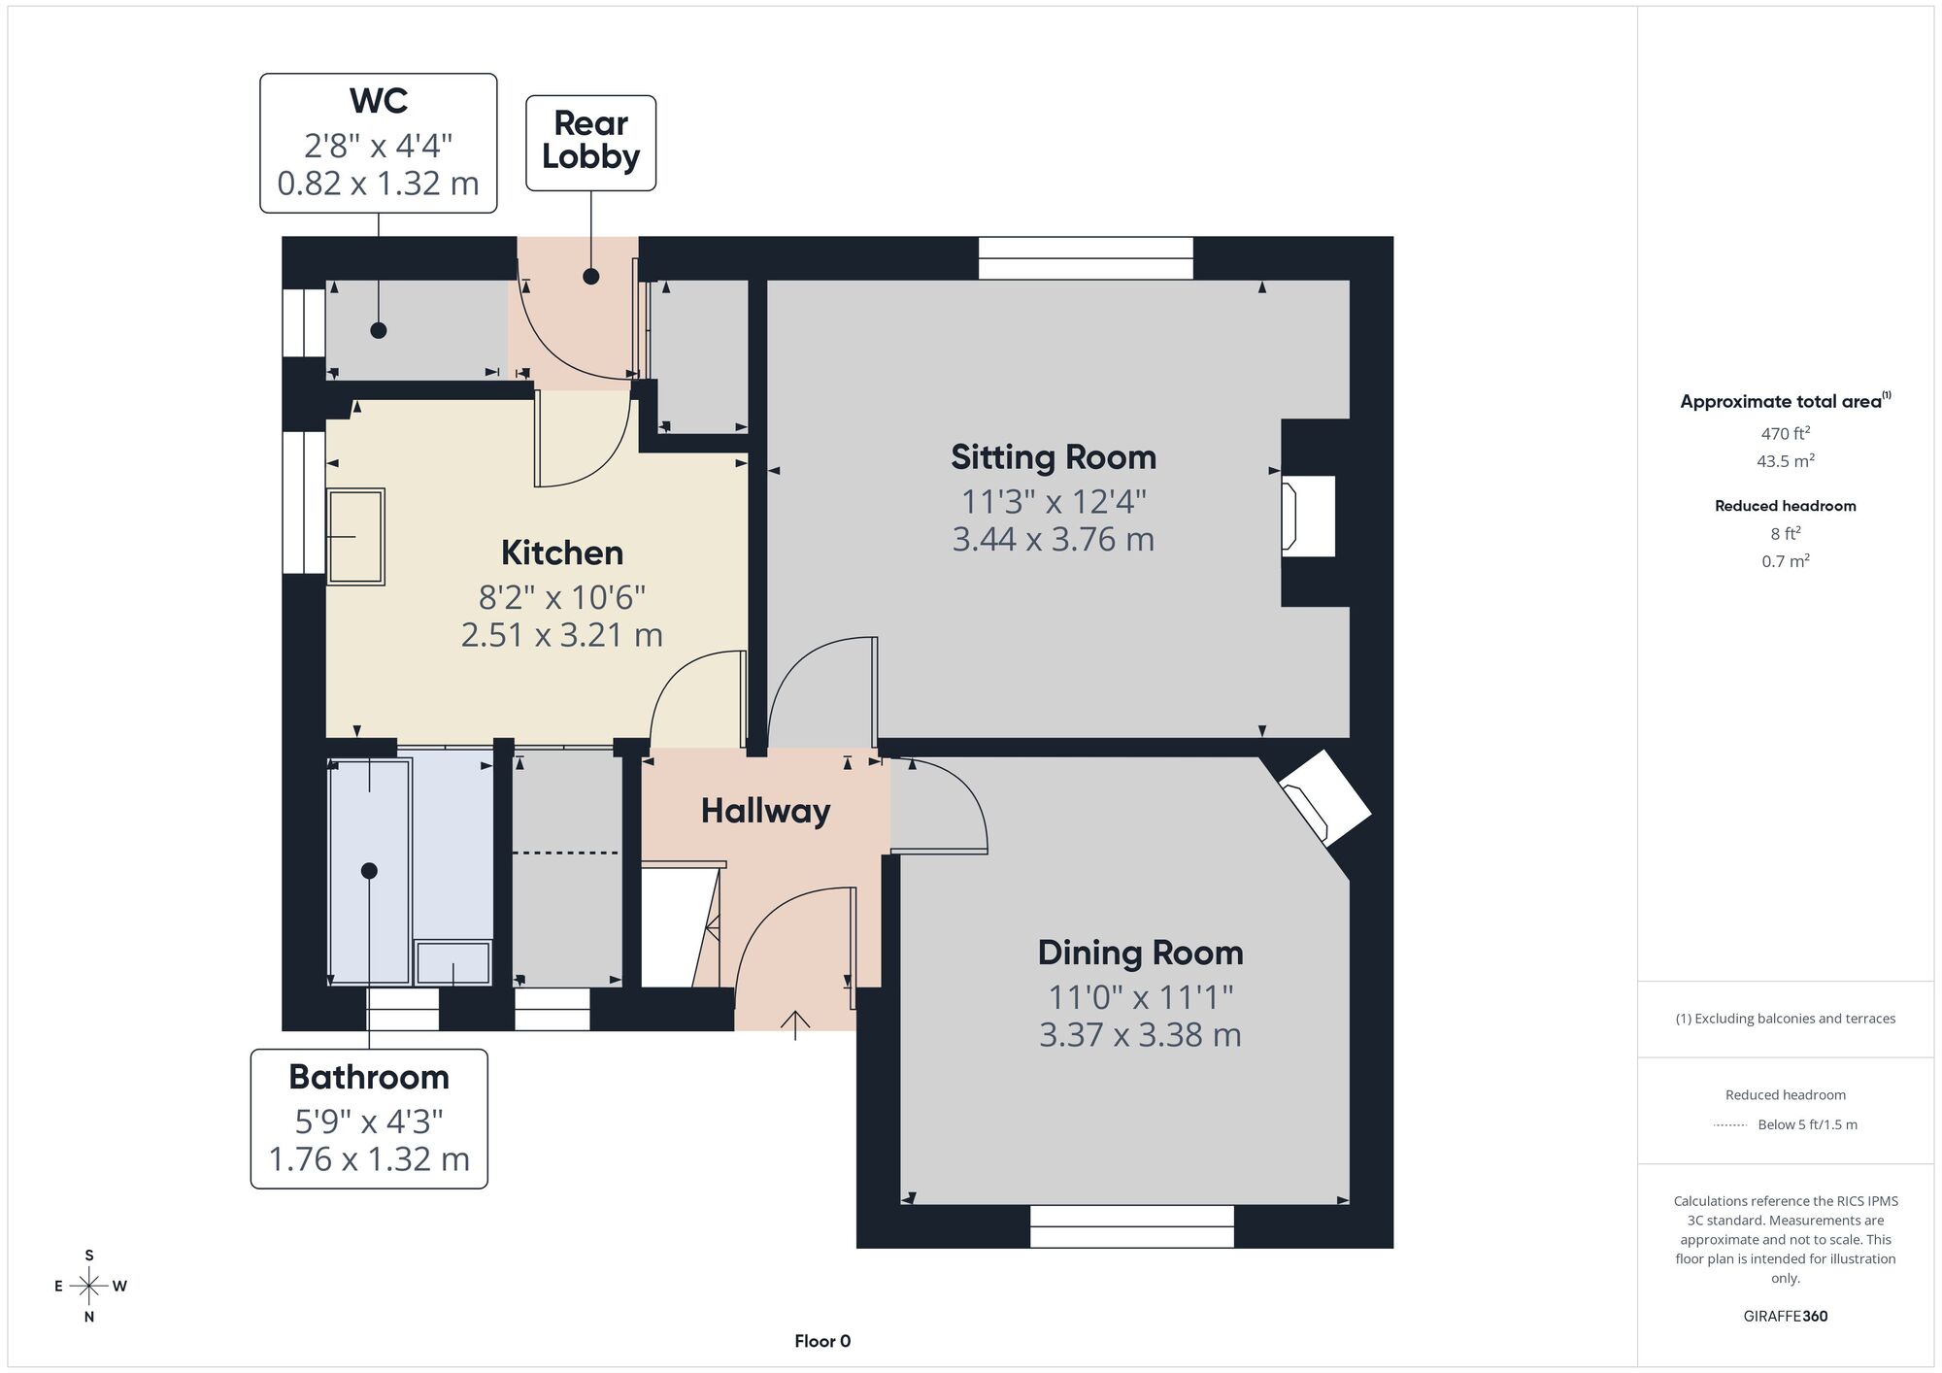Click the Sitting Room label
pos(1054,457)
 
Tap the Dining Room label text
pos(1140,953)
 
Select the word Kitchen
pos(562,553)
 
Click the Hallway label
pos(765,811)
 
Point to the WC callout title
pos(379,100)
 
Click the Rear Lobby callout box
pos(590,143)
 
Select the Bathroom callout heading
pos(369,1077)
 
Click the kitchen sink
pos(355,536)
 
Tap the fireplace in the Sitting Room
pos(1308,516)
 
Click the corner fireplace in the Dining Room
pos(1324,796)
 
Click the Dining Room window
pos(1131,1226)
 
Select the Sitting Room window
pos(1086,258)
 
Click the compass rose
pos(89,1287)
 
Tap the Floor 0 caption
pos(822,1341)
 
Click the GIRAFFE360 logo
pos(1786,1317)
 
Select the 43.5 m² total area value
pos(1786,461)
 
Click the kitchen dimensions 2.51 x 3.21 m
pos(562,635)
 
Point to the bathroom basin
pos(453,962)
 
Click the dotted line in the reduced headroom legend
pos(1730,1125)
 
